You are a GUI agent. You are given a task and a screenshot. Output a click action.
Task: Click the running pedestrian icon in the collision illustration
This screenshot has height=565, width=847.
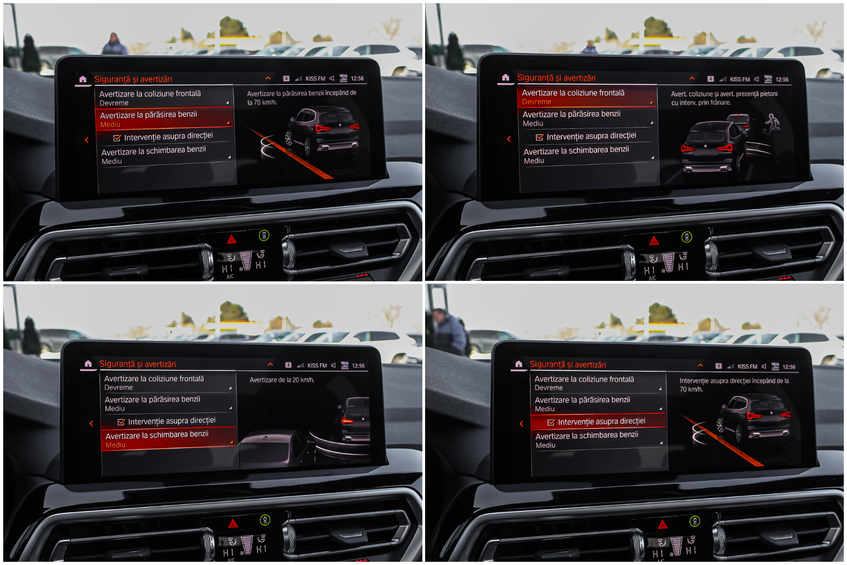point(772,123)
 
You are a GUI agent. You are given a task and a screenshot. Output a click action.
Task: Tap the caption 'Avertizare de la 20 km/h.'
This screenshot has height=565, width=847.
point(282,380)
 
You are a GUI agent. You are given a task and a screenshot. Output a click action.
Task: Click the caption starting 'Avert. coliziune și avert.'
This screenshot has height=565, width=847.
point(724,98)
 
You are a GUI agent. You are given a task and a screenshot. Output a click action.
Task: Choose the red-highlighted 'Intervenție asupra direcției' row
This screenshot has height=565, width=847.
point(598,422)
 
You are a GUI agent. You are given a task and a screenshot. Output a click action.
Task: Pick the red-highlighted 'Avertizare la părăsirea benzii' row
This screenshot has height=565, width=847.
point(164,119)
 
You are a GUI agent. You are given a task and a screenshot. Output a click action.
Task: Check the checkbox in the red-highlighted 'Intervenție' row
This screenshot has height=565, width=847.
point(551,422)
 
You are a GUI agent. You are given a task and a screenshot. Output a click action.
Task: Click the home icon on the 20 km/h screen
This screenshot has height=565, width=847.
point(88,364)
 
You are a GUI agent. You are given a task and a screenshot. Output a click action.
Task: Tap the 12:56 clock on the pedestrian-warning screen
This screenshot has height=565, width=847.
point(782,79)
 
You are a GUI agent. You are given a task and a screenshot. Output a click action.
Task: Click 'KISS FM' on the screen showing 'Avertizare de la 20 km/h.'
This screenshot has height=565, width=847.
point(317,365)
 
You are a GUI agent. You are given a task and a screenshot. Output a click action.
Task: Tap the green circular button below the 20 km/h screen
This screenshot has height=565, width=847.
point(265,520)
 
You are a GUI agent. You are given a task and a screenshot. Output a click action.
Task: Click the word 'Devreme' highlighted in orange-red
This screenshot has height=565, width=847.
point(537,102)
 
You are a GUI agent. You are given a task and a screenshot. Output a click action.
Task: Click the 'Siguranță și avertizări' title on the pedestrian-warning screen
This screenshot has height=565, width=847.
point(556,78)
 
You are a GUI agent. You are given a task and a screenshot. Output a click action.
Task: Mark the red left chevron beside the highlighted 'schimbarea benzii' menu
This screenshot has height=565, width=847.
point(91,423)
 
